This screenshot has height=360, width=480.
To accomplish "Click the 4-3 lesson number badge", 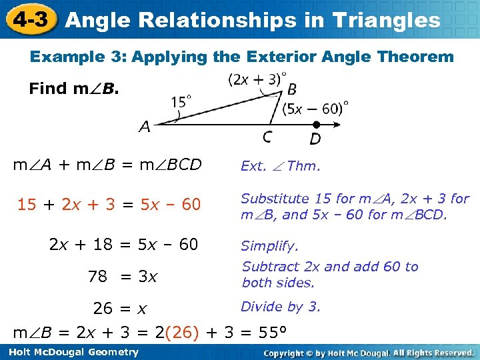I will point(29,19).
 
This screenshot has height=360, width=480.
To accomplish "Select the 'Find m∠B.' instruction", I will point(74,89).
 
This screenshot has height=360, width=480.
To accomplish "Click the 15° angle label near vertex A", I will point(181,102).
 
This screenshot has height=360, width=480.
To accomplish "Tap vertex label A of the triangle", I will point(145,126).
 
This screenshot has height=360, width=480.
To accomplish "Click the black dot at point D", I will point(317,124).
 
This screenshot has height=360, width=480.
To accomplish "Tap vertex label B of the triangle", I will point(292,89).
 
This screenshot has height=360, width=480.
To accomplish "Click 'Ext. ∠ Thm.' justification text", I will point(280,166).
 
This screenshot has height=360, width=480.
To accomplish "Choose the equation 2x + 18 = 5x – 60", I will point(124,245).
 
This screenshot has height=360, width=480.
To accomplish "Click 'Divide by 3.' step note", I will point(281,307).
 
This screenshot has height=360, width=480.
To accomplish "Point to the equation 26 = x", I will point(119,309).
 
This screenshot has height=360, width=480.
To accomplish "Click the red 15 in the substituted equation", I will point(27,205).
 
